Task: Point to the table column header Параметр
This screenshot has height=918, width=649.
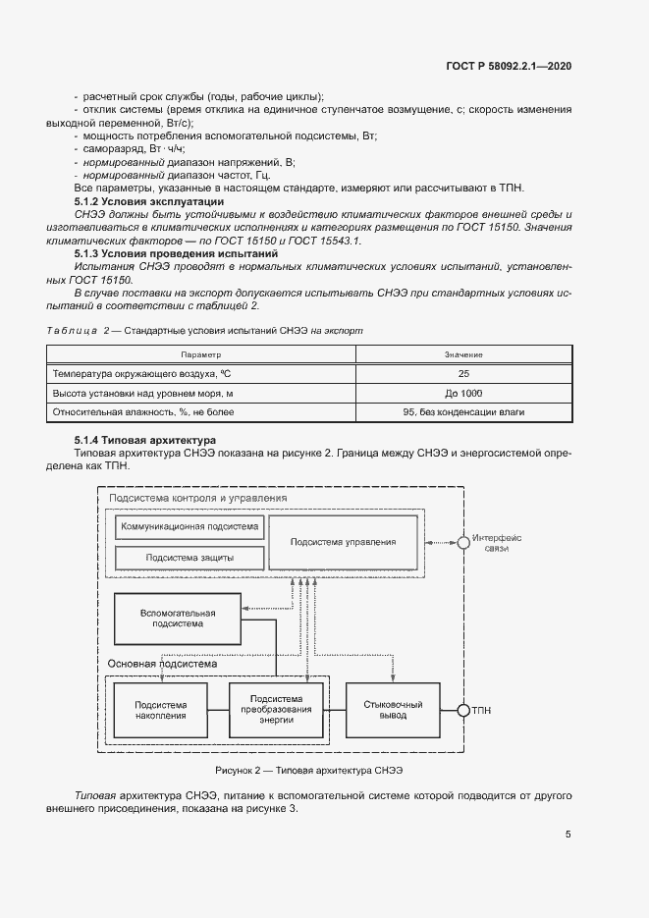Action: click(201, 354)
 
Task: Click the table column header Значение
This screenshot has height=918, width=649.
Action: click(462, 354)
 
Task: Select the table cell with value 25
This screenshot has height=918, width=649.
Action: click(462, 374)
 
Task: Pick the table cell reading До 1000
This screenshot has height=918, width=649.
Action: click(462, 393)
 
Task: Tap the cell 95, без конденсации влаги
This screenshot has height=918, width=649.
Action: click(462, 412)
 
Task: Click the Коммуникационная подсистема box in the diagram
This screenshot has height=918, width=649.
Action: click(190, 527)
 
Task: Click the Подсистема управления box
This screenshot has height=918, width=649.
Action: click(344, 541)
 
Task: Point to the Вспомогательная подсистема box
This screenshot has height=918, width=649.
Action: click(178, 618)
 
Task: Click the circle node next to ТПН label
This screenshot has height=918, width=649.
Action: click(462, 710)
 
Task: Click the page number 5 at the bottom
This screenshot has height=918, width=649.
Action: click(568, 835)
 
